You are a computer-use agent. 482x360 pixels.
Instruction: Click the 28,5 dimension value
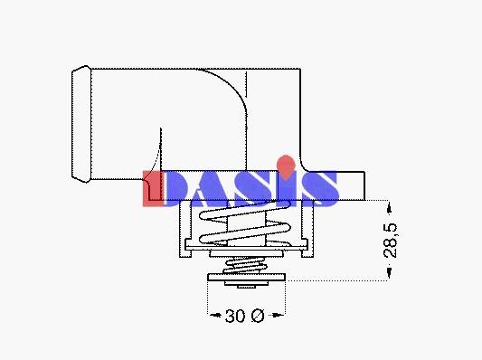(x=391, y=241)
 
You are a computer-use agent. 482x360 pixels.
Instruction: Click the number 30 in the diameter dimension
(x=235, y=316)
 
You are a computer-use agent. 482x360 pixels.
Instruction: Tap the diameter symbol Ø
(x=258, y=316)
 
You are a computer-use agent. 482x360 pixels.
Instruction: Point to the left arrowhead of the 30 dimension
(x=215, y=315)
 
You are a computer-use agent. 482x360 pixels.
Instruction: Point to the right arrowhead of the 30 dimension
(x=279, y=315)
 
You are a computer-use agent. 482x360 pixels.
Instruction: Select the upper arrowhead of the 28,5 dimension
(x=389, y=209)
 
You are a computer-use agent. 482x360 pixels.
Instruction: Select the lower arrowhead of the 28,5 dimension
(x=389, y=272)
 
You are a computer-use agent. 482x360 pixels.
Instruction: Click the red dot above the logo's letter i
(x=286, y=166)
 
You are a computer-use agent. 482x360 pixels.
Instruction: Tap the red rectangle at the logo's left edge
(x=152, y=188)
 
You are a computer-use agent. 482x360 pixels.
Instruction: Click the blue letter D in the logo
(x=176, y=188)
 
